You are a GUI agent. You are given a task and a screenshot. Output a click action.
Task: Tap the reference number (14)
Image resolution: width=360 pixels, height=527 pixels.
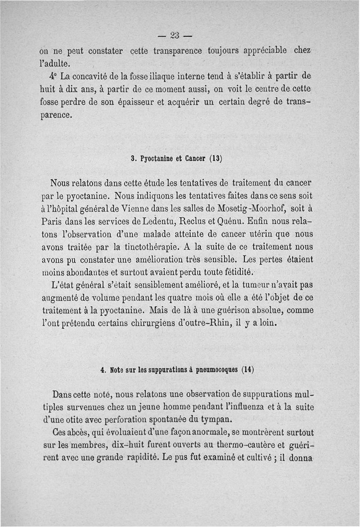[x=247, y=370]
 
